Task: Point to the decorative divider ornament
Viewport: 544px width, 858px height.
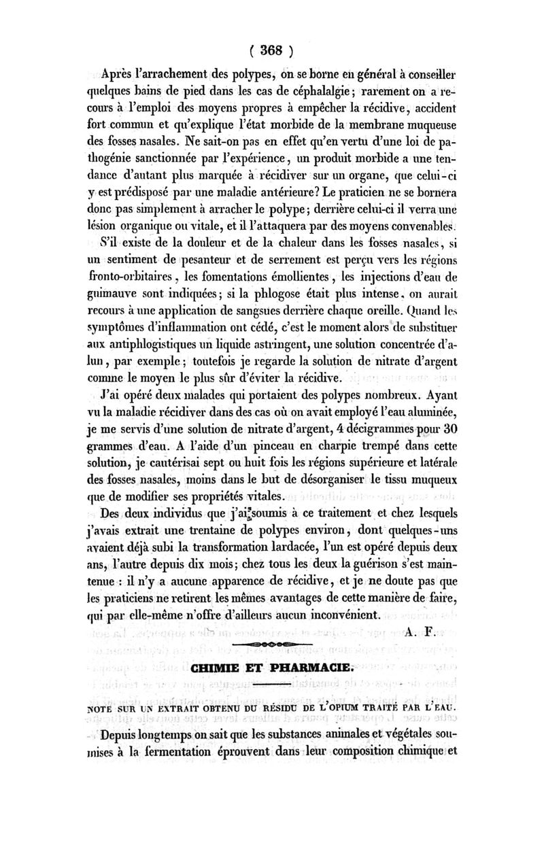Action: [x=271, y=642]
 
